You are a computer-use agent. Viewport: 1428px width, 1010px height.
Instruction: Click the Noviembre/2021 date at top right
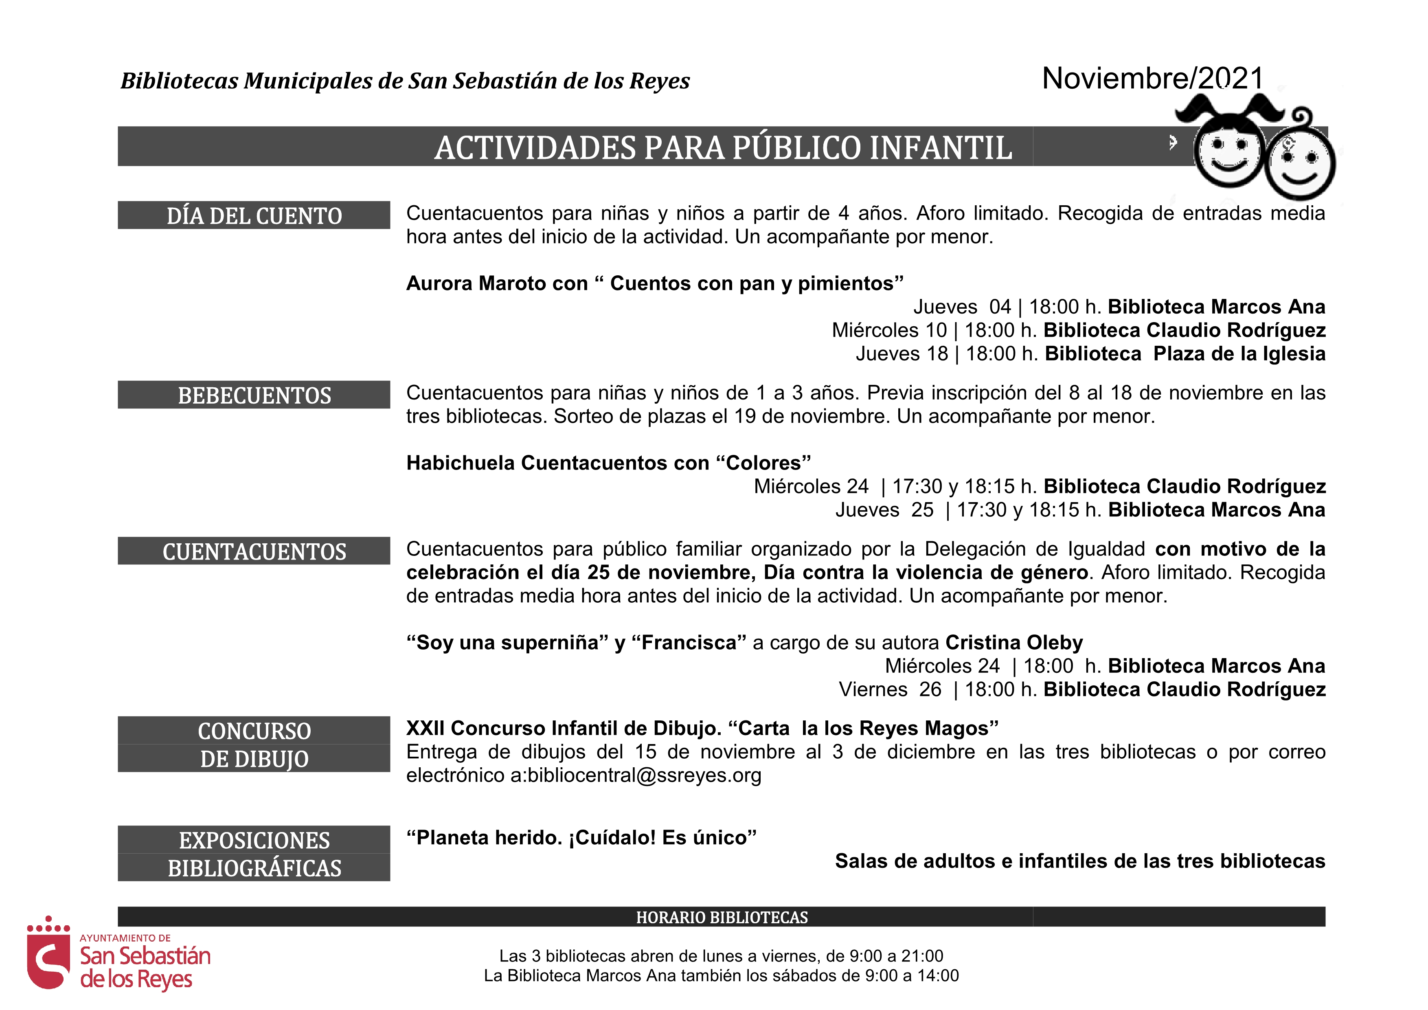(x=1152, y=79)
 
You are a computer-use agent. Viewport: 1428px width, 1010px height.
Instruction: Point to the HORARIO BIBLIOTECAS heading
(x=722, y=917)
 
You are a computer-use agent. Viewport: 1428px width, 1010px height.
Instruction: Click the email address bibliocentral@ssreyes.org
(x=644, y=775)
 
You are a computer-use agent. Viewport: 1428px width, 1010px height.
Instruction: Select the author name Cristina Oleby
(x=1014, y=642)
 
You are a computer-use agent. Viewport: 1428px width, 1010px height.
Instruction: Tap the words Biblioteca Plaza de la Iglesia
(x=1185, y=354)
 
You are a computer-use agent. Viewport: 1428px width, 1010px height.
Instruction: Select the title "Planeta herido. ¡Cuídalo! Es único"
(x=581, y=838)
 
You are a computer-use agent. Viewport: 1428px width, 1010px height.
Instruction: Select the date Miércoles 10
(x=889, y=330)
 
